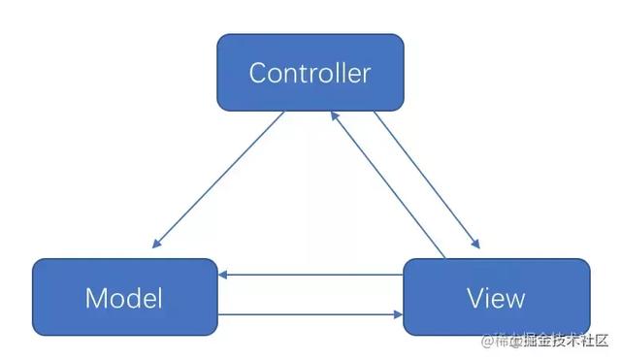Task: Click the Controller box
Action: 310,72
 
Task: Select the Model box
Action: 124,297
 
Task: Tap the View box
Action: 496,297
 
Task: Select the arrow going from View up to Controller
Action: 388,184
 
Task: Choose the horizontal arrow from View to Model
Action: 310,276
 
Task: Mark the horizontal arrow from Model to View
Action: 310,314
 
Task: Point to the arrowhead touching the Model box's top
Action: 156,244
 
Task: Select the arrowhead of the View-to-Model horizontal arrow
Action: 224,276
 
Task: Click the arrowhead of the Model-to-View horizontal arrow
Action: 397,314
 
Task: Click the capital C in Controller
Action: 257,73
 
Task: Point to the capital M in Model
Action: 97,298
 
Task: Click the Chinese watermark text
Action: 553,340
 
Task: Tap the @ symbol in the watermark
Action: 488,340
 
